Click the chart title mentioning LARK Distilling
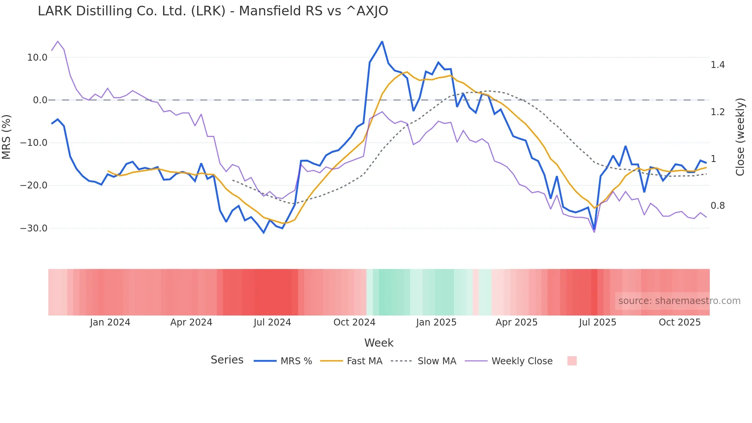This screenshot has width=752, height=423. click(213, 11)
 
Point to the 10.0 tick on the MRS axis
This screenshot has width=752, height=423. click(37, 58)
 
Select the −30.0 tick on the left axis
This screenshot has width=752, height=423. click(34, 228)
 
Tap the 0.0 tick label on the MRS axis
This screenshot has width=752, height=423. click(40, 100)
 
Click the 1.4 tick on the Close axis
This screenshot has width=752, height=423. click(717, 65)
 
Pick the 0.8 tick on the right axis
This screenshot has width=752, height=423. click(717, 206)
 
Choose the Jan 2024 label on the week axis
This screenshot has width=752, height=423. click(110, 322)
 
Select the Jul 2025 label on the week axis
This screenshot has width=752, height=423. click(597, 322)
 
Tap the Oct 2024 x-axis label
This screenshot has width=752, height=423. click(354, 322)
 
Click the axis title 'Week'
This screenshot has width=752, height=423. click(379, 343)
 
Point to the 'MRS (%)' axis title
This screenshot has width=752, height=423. click(7, 137)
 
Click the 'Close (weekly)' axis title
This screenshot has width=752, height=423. click(740, 137)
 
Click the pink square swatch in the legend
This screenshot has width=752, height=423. click(572, 361)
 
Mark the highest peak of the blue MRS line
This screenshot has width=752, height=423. click(382, 41)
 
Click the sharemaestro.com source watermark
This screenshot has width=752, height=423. click(679, 301)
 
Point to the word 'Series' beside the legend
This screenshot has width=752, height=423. click(227, 360)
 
